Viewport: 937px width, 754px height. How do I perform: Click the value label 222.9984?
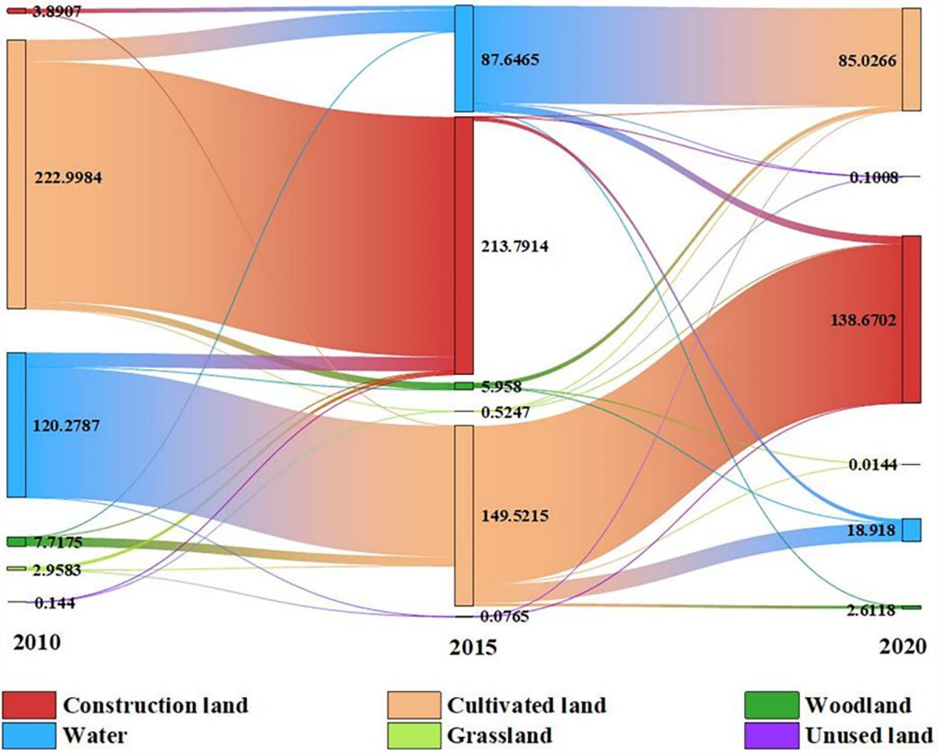(68, 178)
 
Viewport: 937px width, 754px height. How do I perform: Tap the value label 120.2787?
(66, 426)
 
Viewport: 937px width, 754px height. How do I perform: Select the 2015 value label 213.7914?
(515, 246)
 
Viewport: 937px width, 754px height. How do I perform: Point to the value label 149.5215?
(515, 516)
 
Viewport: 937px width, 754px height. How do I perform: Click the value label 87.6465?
(510, 60)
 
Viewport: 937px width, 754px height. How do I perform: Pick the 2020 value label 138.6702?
(863, 320)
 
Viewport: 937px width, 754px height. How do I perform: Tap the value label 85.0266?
(867, 61)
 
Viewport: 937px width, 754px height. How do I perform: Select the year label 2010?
(37, 642)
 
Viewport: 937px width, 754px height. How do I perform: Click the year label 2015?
(473, 648)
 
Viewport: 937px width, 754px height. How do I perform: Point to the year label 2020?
(902, 646)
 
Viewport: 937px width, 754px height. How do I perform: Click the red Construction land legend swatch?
(29, 705)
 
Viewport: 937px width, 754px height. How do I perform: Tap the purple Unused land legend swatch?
(771, 736)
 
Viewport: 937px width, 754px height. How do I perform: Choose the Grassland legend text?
(499, 736)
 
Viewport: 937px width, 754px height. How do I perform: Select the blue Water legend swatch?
(29, 736)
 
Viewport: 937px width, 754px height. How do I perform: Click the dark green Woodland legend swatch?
(771, 705)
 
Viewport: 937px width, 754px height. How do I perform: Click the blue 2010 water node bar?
(16, 425)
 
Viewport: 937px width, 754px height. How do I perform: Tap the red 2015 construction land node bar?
(464, 245)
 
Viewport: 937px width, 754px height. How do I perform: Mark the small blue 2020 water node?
(911, 530)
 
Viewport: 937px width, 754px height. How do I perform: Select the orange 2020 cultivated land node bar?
(911, 60)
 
